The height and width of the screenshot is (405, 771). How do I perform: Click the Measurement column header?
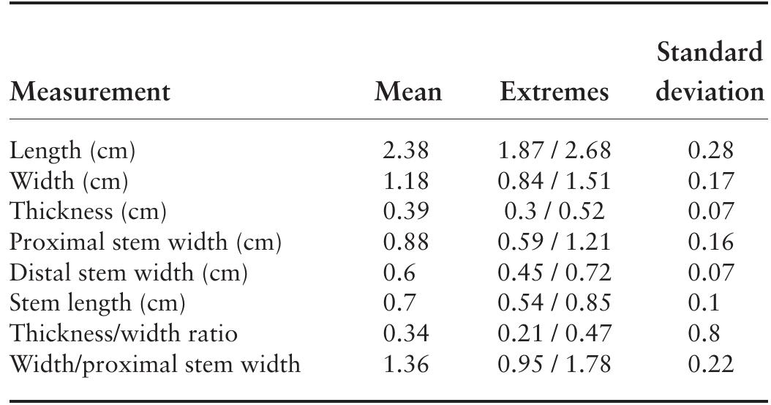click(89, 92)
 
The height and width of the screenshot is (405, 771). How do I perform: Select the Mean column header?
click(408, 92)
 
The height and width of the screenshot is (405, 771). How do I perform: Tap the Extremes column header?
click(554, 92)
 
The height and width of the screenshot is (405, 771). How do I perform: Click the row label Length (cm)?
click(72, 151)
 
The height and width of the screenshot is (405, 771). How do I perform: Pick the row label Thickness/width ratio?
click(123, 333)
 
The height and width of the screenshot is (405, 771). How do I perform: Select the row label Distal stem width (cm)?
click(128, 272)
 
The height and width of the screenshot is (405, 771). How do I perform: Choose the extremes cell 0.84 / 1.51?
click(554, 181)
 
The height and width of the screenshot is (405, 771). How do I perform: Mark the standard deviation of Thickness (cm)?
click(710, 212)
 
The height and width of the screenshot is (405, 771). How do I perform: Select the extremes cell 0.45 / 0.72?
click(554, 272)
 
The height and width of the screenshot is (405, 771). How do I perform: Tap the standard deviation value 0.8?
click(704, 333)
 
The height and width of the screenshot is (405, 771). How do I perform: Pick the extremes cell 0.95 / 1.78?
click(554, 364)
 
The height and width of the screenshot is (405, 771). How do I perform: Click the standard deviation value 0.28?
click(710, 151)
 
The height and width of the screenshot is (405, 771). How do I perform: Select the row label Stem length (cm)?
click(97, 302)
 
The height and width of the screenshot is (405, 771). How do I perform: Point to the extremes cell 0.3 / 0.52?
click(554, 212)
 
